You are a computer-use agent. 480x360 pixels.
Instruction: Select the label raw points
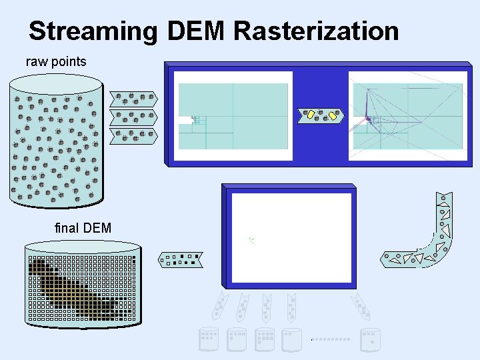point(56,62)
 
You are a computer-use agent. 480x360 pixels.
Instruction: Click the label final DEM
point(83,229)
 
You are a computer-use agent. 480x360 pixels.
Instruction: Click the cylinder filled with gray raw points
point(56,140)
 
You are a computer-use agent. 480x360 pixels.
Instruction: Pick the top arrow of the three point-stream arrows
point(133,99)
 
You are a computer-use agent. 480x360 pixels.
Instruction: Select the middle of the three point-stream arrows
point(133,117)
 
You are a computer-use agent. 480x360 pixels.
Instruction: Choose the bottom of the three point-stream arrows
point(133,136)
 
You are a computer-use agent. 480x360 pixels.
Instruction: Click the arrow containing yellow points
point(321,116)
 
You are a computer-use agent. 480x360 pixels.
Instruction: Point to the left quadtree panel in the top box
point(233,116)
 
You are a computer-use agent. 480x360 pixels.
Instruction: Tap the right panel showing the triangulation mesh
point(407,116)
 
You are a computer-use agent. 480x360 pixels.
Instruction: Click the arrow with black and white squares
point(181,259)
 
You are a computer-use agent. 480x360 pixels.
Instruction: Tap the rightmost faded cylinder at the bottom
point(370,339)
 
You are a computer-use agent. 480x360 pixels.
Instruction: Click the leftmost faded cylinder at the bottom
point(209,339)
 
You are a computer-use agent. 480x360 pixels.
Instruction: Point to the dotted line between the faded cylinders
point(331,339)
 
